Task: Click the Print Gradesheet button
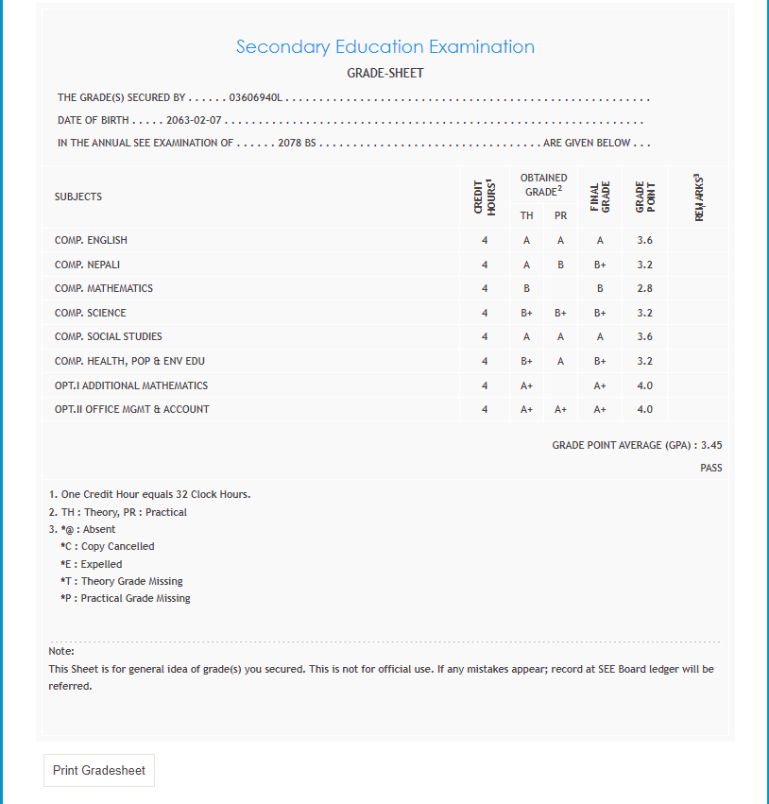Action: click(x=99, y=771)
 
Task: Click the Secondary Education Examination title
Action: click(x=385, y=47)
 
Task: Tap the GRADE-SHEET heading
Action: click(x=385, y=74)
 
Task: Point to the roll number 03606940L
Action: click(x=257, y=97)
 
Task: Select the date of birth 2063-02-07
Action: click(x=195, y=121)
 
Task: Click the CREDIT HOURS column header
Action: click(x=484, y=197)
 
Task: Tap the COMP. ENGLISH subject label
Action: click(x=91, y=240)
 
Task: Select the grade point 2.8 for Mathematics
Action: click(x=644, y=288)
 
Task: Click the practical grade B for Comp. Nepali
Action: click(x=560, y=265)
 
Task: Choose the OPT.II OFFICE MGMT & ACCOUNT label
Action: click(x=132, y=409)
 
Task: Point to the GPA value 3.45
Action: click(x=711, y=445)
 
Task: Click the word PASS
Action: click(x=711, y=468)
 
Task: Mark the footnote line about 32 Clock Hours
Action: click(x=149, y=495)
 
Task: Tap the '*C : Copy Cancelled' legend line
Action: click(x=107, y=547)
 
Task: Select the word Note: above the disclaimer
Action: click(x=61, y=651)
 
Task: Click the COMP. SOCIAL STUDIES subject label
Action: click(x=108, y=337)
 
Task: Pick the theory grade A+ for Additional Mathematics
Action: click(x=526, y=385)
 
